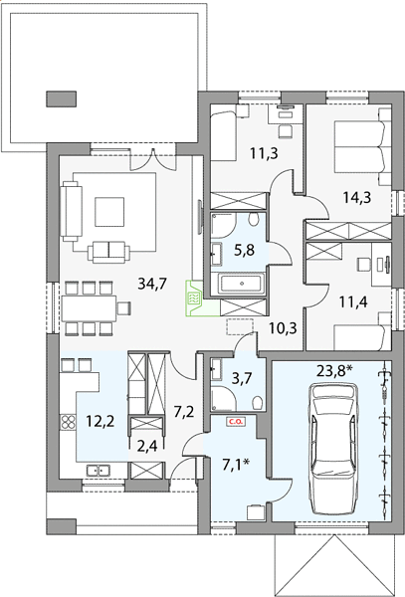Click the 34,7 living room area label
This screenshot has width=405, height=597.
(152, 284)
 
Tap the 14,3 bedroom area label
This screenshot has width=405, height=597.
(356, 198)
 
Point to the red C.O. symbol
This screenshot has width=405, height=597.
(236, 422)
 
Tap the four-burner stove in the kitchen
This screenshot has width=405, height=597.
(68, 422)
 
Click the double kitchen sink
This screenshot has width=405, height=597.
(98, 471)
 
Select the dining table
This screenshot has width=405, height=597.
(90, 308)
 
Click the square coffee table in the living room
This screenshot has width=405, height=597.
(109, 212)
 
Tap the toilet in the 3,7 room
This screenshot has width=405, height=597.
(258, 402)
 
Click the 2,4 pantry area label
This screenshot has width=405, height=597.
(146, 445)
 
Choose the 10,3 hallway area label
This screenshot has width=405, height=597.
(283, 327)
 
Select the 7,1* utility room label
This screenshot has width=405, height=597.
(236, 465)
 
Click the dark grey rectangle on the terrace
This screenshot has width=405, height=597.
(62, 99)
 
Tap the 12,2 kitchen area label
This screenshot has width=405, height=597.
(101, 421)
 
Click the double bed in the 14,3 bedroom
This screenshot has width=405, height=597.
(363, 147)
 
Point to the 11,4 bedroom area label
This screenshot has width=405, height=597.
(353, 302)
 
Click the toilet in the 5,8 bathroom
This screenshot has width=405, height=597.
(253, 219)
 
